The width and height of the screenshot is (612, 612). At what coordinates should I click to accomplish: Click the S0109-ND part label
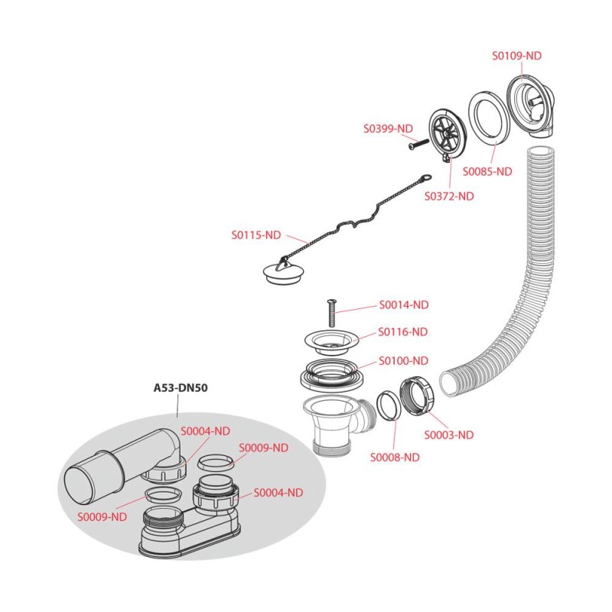pos(516,56)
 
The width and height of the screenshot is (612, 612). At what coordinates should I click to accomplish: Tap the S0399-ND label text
pos(388,129)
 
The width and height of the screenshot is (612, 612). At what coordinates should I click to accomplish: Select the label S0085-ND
pos(487,171)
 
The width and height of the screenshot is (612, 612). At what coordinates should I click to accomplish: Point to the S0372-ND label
pos(449,196)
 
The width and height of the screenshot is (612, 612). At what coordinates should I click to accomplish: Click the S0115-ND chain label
pos(256,236)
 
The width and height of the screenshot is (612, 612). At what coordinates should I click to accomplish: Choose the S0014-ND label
pos(404,304)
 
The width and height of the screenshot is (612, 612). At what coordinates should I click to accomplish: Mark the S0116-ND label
pos(404,332)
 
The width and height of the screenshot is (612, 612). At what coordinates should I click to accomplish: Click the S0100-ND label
pos(404,360)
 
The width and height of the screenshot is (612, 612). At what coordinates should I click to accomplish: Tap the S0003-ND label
pos(449,435)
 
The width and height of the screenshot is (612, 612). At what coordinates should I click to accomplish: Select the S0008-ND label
pos(395,457)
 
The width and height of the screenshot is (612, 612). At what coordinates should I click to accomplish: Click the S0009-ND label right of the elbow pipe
pos(264,448)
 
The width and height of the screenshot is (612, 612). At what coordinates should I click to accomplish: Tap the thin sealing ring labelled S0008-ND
pos(388,405)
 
